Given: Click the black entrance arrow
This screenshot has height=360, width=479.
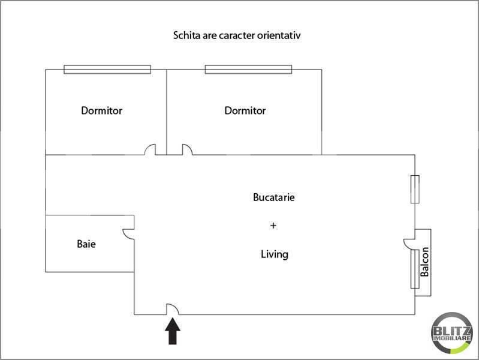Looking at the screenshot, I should pyautogui.click(x=173, y=331).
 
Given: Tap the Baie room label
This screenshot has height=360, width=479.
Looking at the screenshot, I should pyautogui.click(x=86, y=244).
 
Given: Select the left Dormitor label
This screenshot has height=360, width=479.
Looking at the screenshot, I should pyautogui.click(x=102, y=110).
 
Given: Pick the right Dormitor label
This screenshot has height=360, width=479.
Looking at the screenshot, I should pyautogui.click(x=245, y=110).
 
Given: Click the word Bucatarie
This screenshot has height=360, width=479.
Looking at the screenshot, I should pyautogui.click(x=273, y=197).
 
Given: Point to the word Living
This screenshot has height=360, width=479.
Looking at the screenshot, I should pyautogui.click(x=275, y=254).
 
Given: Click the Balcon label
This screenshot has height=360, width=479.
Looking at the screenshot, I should pyautogui.click(x=424, y=263).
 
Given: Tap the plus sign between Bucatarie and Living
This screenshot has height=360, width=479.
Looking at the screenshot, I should pyautogui.click(x=273, y=226).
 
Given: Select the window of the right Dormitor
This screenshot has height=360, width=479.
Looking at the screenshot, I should pyautogui.click(x=248, y=70).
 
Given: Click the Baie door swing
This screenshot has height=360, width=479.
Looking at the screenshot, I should pyautogui.click(x=128, y=233).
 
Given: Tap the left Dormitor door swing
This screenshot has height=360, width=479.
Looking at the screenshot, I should pyautogui.click(x=150, y=149).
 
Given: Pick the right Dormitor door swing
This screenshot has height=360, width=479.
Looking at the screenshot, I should pyautogui.click(x=186, y=149).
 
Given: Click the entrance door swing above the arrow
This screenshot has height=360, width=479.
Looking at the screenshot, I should pyautogui.click(x=173, y=308).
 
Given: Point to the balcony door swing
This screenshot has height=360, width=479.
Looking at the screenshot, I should pyautogui.click(x=409, y=243).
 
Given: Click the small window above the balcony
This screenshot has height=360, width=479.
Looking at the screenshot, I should pyautogui.click(x=414, y=189).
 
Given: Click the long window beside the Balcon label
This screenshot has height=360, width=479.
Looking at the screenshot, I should pyautogui.click(x=414, y=269).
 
